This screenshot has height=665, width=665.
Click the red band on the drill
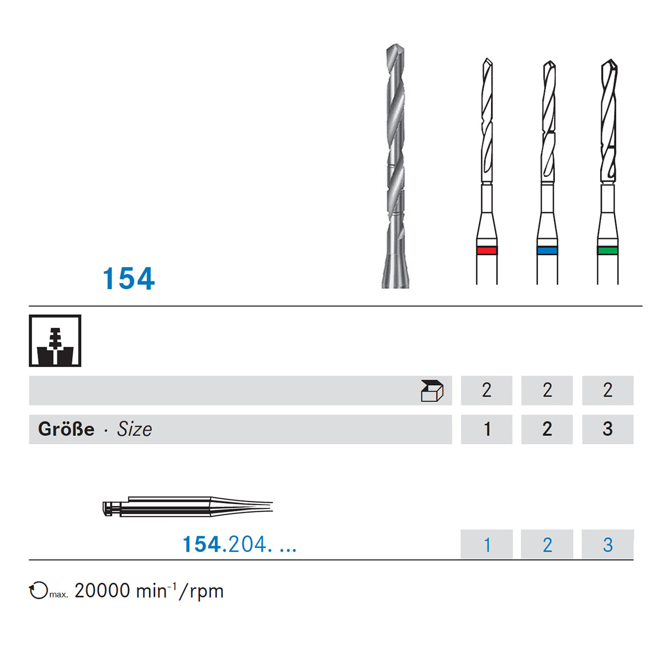click(x=487, y=250)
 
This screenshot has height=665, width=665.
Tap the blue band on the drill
click(x=547, y=250)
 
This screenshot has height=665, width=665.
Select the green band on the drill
click(x=608, y=250)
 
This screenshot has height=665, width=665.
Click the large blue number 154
click(x=129, y=279)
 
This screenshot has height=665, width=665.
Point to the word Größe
click(x=66, y=429)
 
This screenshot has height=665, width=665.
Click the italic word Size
click(x=135, y=429)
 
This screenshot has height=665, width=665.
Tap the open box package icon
click(x=432, y=391)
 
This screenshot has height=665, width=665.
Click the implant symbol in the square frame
click(x=55, y=341)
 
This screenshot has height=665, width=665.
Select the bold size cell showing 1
click(x=487, y=429)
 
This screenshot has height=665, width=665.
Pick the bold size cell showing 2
click(x=547, y=429)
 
